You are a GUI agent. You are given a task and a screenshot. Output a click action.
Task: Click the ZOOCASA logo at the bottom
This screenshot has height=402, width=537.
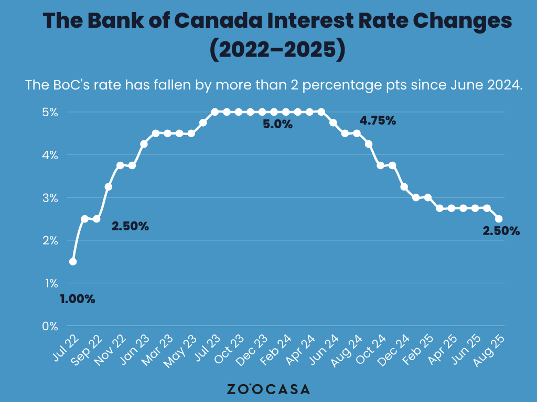tap(268, 389)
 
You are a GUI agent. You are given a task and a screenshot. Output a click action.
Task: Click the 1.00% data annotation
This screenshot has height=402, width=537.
tap(77, 299)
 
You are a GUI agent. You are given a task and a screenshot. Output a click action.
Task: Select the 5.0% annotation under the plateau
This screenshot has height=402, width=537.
tap(277, 125)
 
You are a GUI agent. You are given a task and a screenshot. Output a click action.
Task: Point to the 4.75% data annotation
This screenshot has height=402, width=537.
tap(377, 121)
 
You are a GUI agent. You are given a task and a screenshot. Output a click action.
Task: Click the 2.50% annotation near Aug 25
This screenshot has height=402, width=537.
tap(501, 231)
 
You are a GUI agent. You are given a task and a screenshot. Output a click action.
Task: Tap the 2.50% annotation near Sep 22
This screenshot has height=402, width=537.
tap(131, 227)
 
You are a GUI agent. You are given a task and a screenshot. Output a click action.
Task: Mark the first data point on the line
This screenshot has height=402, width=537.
tap(73, 262)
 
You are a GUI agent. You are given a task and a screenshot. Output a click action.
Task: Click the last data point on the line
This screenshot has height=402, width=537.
tap(499, 219)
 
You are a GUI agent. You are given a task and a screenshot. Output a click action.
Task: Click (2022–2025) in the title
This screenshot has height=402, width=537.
tap(277, 50)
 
